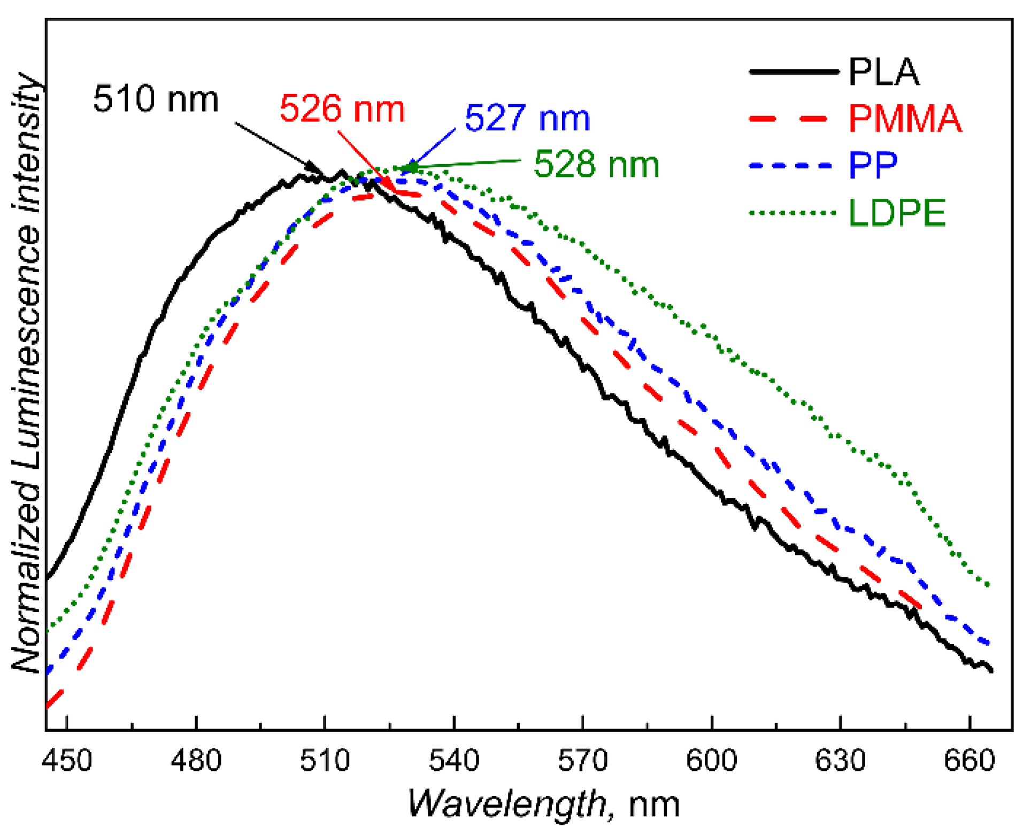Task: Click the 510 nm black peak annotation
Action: (x=156, y=99)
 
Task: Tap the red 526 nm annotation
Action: (x=342, y=109)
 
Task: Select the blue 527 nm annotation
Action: (x=527, y=118)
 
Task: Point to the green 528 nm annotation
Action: (x=596, y=164)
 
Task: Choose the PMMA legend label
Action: (x=905, y=118)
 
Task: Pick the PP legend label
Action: (x=872, y=165)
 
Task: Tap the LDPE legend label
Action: (x=897, y=213)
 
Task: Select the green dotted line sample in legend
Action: (x=793, y=213)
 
